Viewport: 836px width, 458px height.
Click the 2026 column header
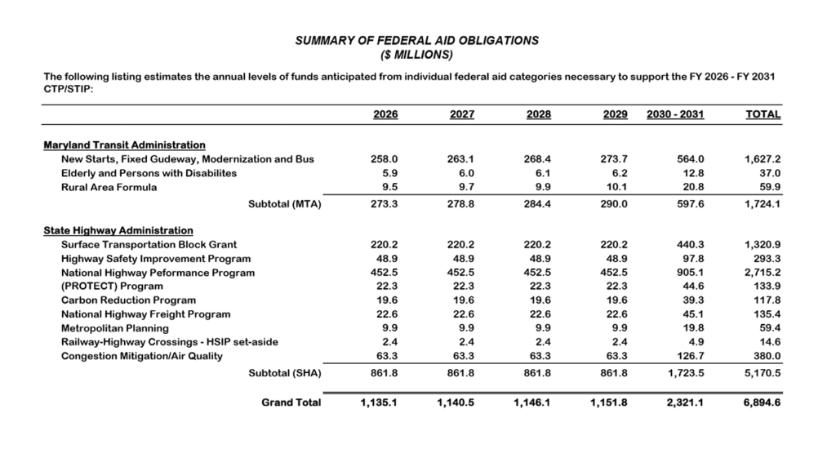point(385,115)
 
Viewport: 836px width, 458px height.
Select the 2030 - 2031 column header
point(674,115)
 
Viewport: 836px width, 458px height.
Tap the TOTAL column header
point(763,115)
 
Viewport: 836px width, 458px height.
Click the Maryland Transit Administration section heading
point(124,145)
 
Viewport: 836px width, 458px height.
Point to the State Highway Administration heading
point(118,231)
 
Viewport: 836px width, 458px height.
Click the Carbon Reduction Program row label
point(128,300)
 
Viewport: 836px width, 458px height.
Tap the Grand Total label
point(291,402)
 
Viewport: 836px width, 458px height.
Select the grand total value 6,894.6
point(762,402)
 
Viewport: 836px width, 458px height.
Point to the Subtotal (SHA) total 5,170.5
point(762,374)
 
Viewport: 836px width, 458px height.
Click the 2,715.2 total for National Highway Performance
point(763,273)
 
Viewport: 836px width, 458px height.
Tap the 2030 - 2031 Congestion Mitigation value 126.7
point(688,356)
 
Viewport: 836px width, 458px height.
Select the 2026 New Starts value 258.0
point(385,159)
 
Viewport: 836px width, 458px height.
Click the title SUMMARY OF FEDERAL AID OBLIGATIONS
point(417,40)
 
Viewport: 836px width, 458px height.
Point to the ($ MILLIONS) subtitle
point(417,55)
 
